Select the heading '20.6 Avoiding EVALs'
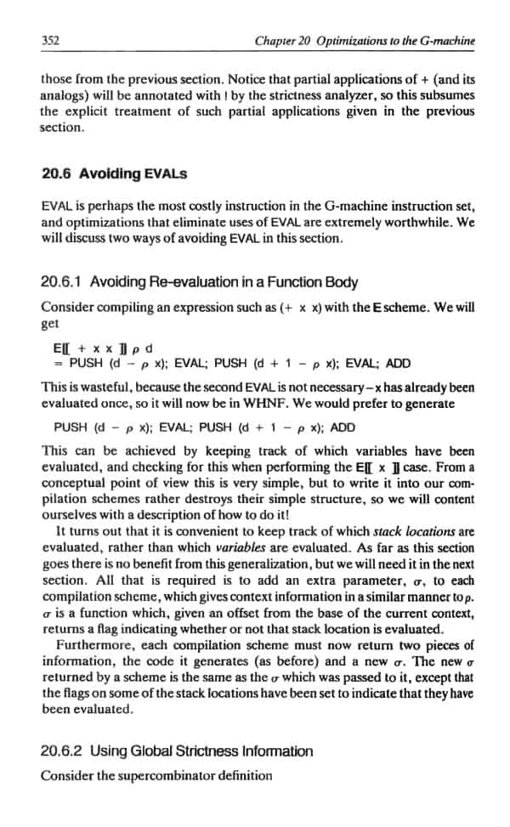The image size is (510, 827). (114, 173)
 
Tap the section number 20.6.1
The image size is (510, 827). (61, 282)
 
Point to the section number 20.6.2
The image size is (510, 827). (61, 751)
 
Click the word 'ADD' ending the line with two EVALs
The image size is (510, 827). (398, 363)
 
